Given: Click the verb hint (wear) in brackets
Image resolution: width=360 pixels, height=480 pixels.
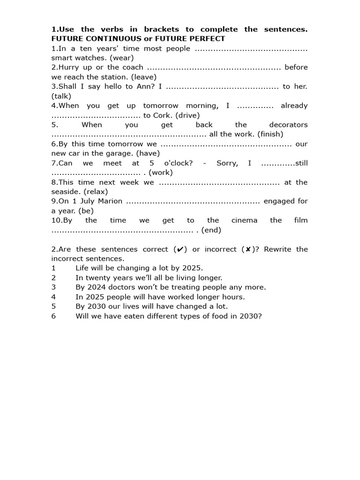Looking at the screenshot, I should pos(121,58).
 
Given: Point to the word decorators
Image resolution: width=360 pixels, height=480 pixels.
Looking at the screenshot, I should pos(288,125).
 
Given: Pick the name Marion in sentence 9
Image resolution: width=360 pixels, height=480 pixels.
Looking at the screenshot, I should pos(110,201).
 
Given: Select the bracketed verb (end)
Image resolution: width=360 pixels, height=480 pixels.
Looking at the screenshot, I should pos(211,230).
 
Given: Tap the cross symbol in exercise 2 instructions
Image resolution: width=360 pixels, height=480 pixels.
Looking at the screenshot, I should pos(248,249).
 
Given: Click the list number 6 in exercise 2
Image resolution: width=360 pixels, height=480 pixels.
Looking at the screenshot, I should pos(53,316).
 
